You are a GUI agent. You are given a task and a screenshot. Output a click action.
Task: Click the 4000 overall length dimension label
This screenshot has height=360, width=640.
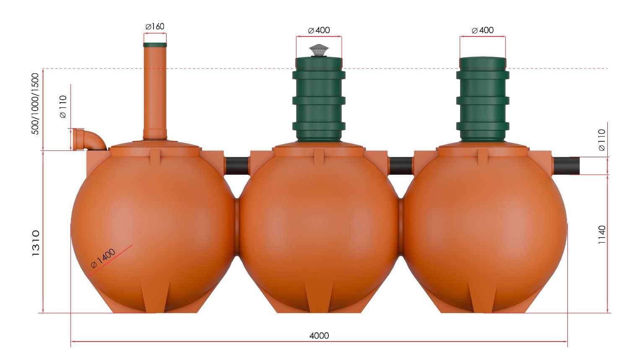pos(319,335)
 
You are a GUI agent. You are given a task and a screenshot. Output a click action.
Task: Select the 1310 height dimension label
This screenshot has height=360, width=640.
pos(36,243)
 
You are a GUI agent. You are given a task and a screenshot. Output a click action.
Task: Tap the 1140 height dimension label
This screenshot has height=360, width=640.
pos(602,235)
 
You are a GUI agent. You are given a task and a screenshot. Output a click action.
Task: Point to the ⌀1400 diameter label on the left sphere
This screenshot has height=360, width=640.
pos(103,258)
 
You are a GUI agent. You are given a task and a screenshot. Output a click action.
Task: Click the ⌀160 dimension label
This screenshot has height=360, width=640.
pos(155,26)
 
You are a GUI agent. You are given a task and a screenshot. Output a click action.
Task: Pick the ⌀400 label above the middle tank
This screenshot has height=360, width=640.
pos(319,30)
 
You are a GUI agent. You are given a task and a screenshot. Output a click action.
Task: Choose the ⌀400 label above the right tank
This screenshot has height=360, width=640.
pos(483,30)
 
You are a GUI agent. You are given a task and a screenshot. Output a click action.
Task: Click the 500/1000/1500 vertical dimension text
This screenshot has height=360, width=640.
pos(35,104)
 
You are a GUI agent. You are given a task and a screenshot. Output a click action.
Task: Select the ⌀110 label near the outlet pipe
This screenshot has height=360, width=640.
pos(601,140)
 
